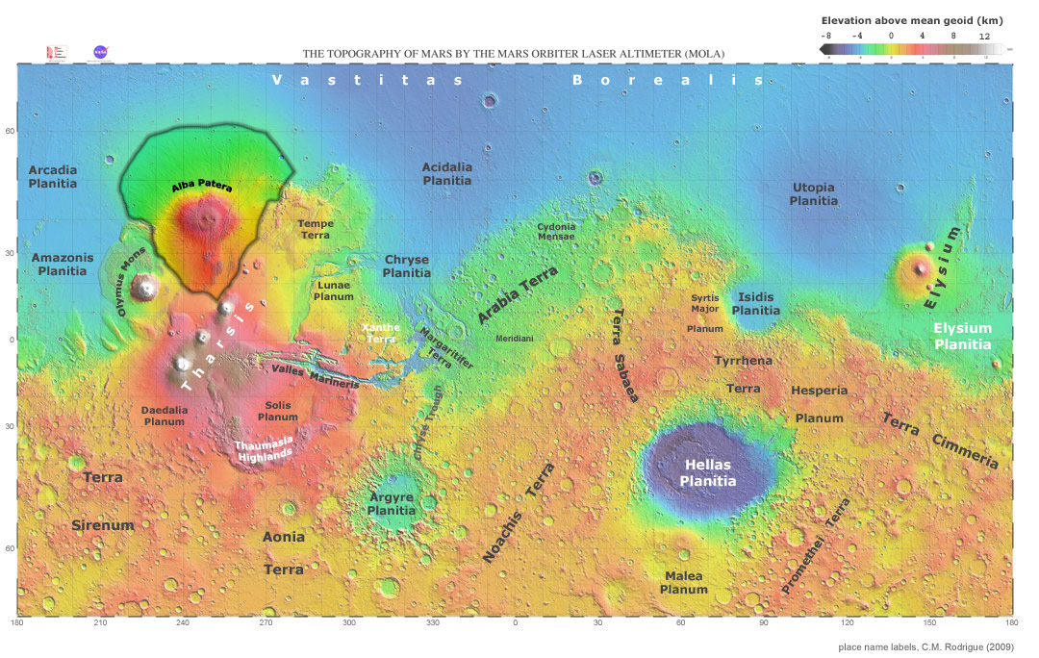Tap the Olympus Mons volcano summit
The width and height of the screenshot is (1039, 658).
tap(146, 286)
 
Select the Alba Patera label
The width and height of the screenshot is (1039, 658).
tap(203, 188)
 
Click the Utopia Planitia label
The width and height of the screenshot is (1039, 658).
tap(813, 193)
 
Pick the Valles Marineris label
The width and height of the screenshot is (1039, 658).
tap(316, 376)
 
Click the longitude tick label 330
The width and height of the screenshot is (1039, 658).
tap(432, 623)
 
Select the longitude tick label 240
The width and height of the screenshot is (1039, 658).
tap(183, 623)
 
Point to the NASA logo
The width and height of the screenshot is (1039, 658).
tap(100, 52)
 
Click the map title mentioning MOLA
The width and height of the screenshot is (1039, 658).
tap(514, 54)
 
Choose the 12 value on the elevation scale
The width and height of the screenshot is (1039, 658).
tap(984, 35)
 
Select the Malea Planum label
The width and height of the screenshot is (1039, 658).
tap(685, 582)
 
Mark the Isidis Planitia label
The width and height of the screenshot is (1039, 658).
tap(756, 304)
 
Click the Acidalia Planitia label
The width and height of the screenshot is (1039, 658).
tap(447, 173)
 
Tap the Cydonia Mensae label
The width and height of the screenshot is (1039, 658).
tap(556, 231)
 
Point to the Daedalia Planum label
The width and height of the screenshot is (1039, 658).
tap(163, 415)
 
